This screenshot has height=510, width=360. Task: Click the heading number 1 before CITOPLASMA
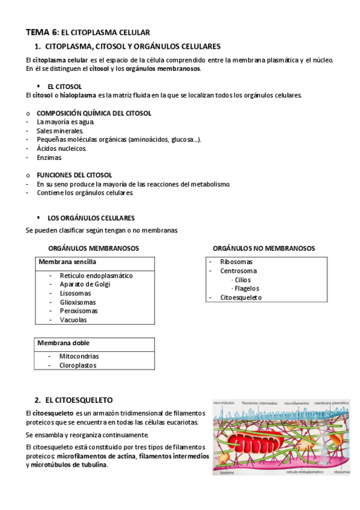pos(37,46)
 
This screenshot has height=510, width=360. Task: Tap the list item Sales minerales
pos(60,131)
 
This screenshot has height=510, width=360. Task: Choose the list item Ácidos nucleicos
pos(61,148)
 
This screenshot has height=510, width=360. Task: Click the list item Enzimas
pos(49,157)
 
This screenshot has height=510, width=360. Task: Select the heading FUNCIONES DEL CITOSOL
pos(74,175)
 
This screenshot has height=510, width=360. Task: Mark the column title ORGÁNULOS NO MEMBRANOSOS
pos(264,248)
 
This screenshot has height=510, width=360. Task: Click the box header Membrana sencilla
pos(67,262)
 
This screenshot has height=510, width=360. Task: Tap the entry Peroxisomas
pos(79,311)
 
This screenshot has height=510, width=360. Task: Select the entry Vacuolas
pos(73,320)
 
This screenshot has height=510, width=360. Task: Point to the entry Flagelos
pos(246,289)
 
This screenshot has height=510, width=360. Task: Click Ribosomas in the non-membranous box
pos(236,262)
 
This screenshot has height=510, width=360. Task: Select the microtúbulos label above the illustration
pos(224,402)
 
